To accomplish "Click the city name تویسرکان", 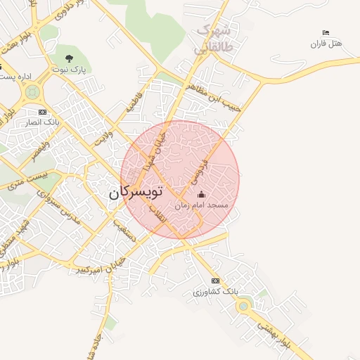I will coord(136,193).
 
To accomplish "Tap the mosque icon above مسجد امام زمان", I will coord(202,194).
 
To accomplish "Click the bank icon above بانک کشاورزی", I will coord(215,281).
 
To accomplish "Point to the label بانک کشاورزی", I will coord(216,291).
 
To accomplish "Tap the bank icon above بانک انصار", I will coord(42,112).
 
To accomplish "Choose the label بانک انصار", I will coord(41,122).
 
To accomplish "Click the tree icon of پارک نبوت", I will coord(68,58).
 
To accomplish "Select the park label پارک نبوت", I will coord(69,70).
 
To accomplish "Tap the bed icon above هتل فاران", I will coord(325,33).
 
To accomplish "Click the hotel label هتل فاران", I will coord(326,44).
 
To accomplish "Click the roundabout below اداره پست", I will coord(32,91).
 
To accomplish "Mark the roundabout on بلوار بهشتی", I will coord(243,305).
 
